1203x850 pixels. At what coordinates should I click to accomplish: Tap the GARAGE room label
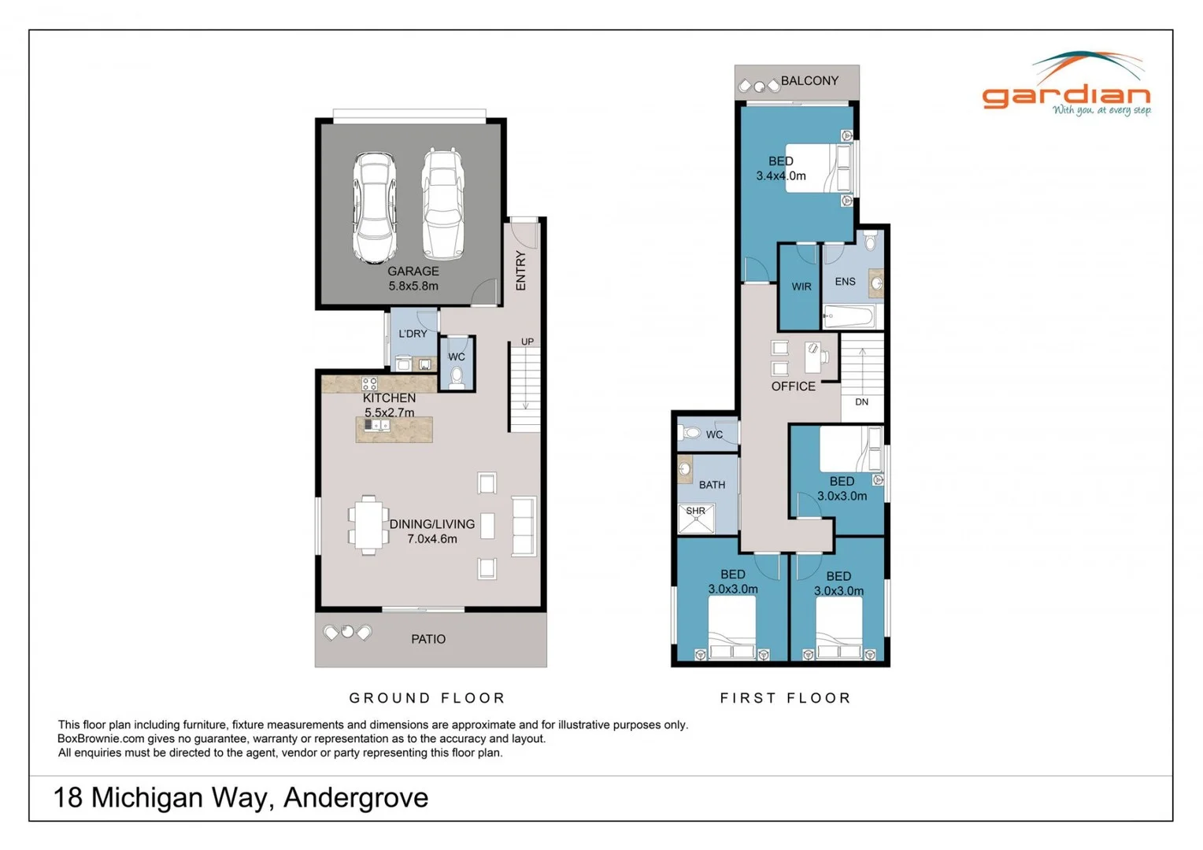point(413,271)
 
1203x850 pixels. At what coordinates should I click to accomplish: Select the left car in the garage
point(374,207)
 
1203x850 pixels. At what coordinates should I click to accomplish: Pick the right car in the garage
point(442,205)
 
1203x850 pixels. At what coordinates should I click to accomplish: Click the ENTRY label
point(520,270)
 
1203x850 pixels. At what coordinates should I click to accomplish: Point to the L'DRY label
point(413,334)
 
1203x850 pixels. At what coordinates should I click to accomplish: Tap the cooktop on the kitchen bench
point(369,384)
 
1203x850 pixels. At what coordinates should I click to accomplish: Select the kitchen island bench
point(394,430)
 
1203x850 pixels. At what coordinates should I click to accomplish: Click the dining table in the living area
point(368,525)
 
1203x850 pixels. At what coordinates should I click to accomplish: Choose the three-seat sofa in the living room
point(524,527)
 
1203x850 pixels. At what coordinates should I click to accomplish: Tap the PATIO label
point(428,639)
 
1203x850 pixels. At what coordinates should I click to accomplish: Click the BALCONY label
point(809,80)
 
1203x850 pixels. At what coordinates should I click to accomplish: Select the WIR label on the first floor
point(801,286)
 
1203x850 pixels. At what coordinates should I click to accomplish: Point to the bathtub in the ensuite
point(849,317)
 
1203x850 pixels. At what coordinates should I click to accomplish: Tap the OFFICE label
point(793,386)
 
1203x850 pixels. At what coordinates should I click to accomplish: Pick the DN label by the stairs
point(861,402)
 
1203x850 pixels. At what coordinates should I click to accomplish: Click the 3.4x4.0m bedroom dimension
point(781,176)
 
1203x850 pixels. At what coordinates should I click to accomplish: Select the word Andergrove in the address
point(356,798)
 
